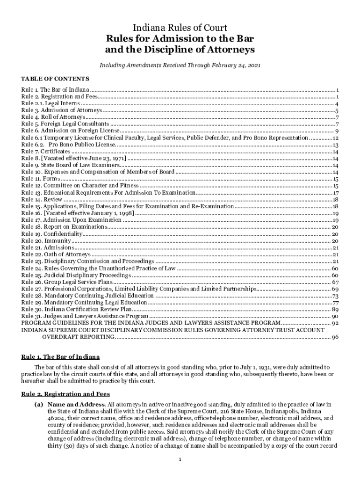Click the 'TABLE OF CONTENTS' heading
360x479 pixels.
55,78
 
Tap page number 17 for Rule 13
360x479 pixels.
335,193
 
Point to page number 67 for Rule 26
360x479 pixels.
335,282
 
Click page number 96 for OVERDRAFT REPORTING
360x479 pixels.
335,337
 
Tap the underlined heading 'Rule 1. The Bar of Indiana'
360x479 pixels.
60,357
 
